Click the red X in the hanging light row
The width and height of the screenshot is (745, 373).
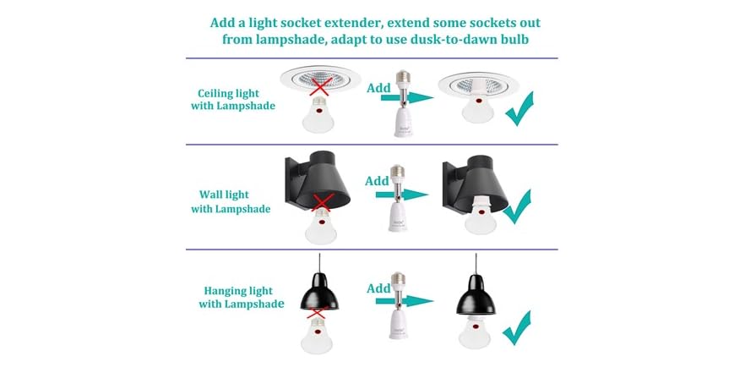pyautogui.click(x=318, y=315)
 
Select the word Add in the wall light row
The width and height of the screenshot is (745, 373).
pyautogui.click(x=377, y=181)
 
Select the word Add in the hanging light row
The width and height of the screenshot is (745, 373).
pyautogui.click(x=379, y=288)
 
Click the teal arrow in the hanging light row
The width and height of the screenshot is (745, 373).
pyautogui.click(x=406, y=300)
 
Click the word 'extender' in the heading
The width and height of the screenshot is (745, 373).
pyautogui.click(x=359, y=22)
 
